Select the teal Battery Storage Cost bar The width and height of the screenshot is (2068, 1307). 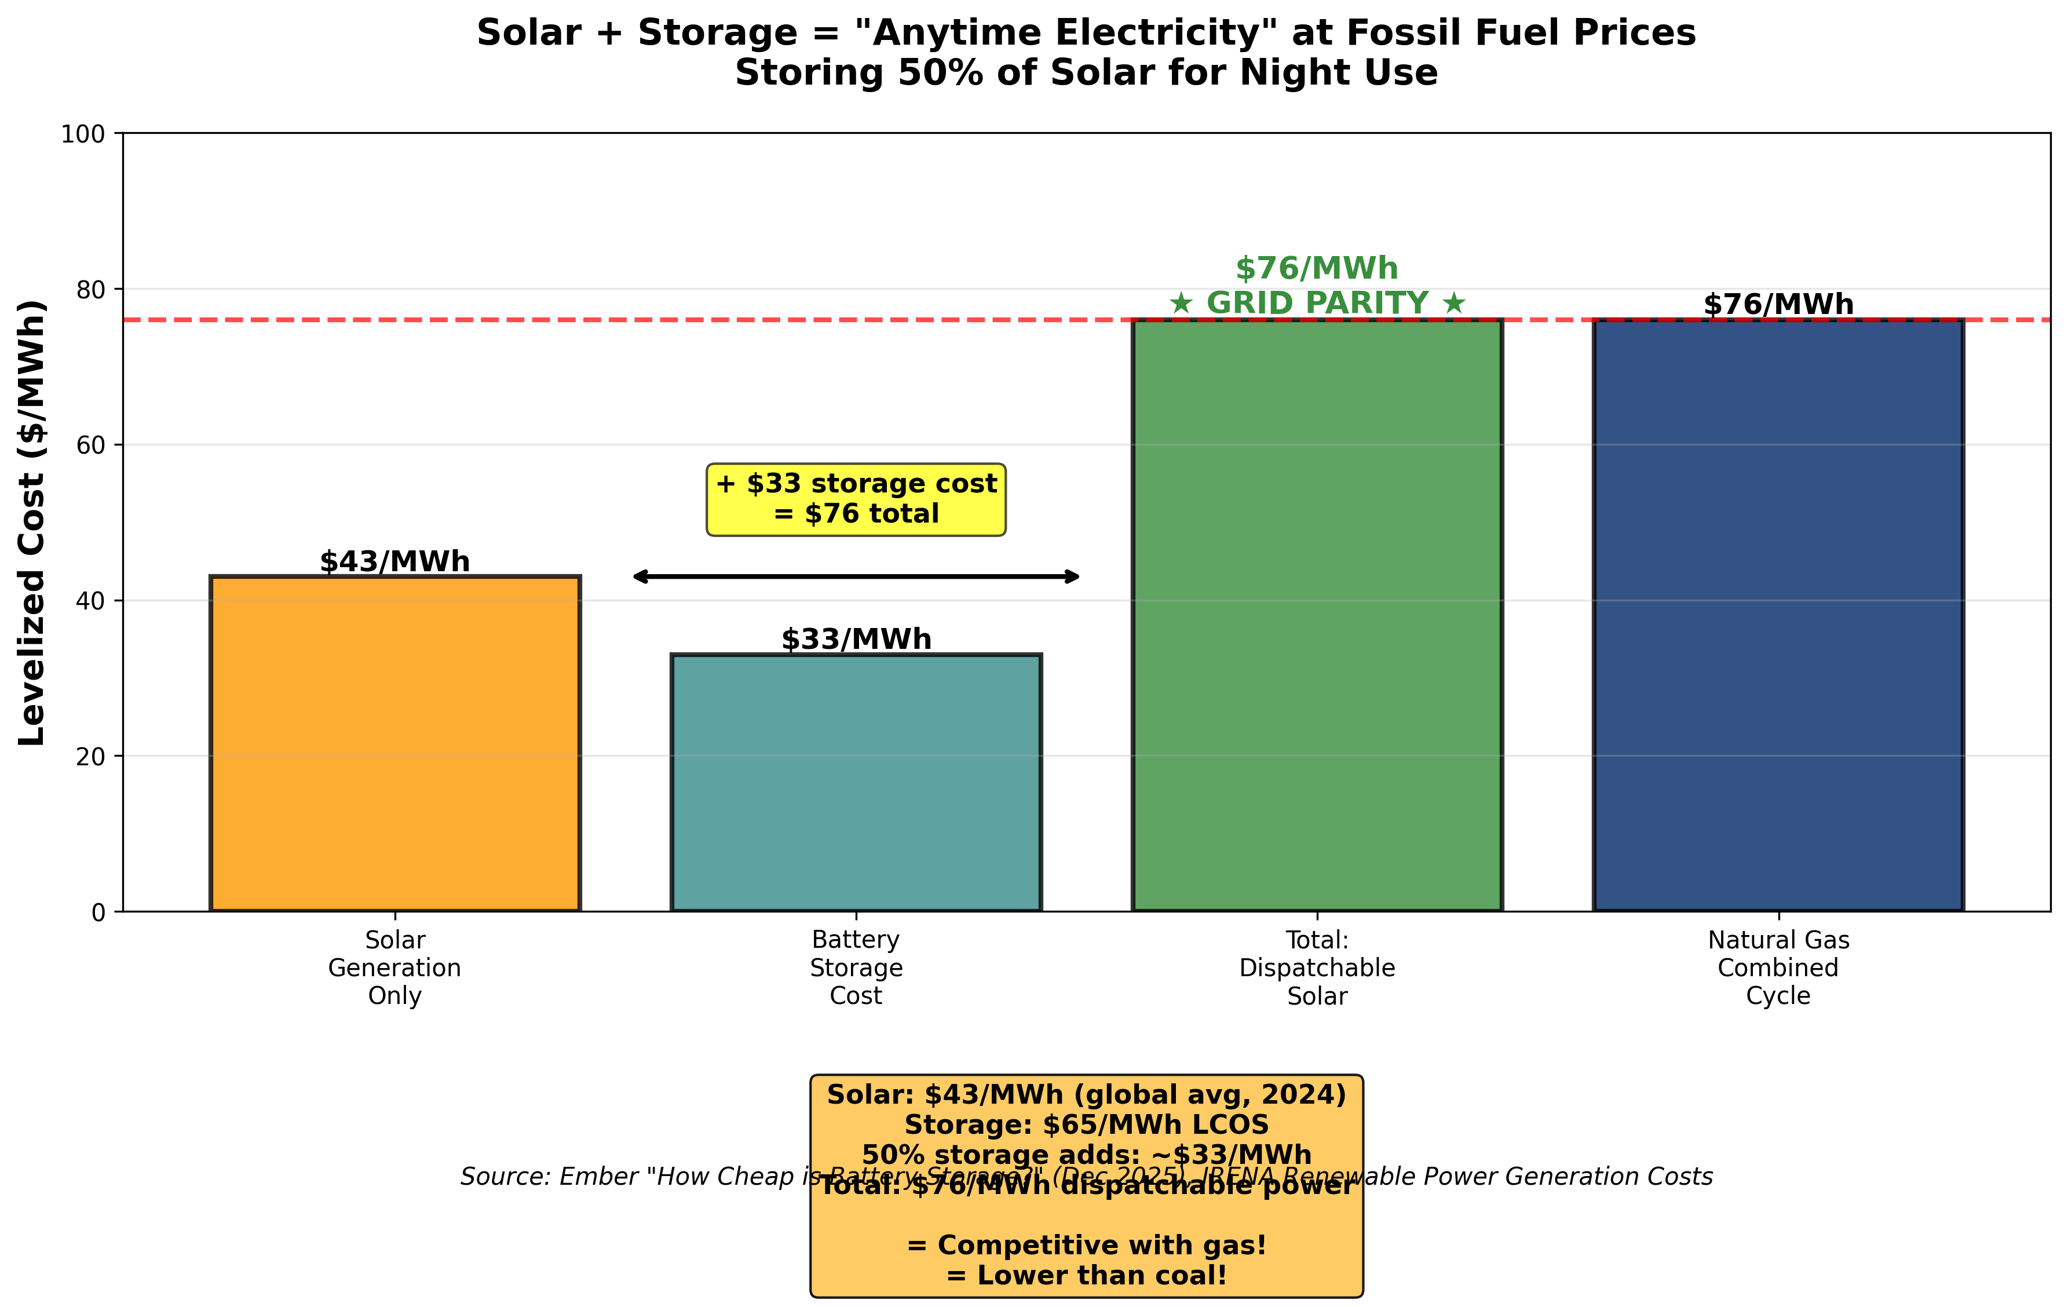pos(856,782)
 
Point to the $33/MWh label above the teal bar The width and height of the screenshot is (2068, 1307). pos(856,639)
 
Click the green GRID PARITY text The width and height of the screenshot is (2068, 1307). pos(1317,303)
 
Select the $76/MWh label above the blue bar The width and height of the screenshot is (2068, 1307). pos(1778,304)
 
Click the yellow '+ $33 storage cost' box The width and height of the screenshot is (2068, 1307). pos(856,500)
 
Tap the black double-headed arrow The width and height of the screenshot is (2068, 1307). pos(856,576)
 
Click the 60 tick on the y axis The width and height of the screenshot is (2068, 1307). pos(89,445)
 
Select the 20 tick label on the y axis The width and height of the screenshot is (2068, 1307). pos(89,757)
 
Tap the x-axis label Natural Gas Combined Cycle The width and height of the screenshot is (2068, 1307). pos(1778,968)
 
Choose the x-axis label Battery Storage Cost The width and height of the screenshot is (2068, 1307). pos(856,968)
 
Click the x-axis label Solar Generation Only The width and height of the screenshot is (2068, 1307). pos(395,968)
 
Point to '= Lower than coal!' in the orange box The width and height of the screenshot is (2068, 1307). pos(1086,1275)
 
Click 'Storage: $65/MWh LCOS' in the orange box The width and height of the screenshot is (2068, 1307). pos(1086,1125)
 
